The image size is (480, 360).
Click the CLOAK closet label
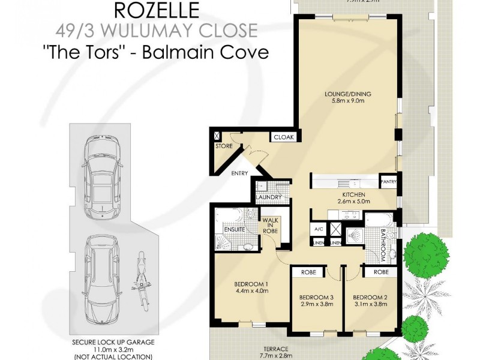coord(283,137)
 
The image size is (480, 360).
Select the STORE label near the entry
coord(224,146)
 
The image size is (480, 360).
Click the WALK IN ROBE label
coord(269,224)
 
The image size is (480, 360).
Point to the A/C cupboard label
coord(317,229)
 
